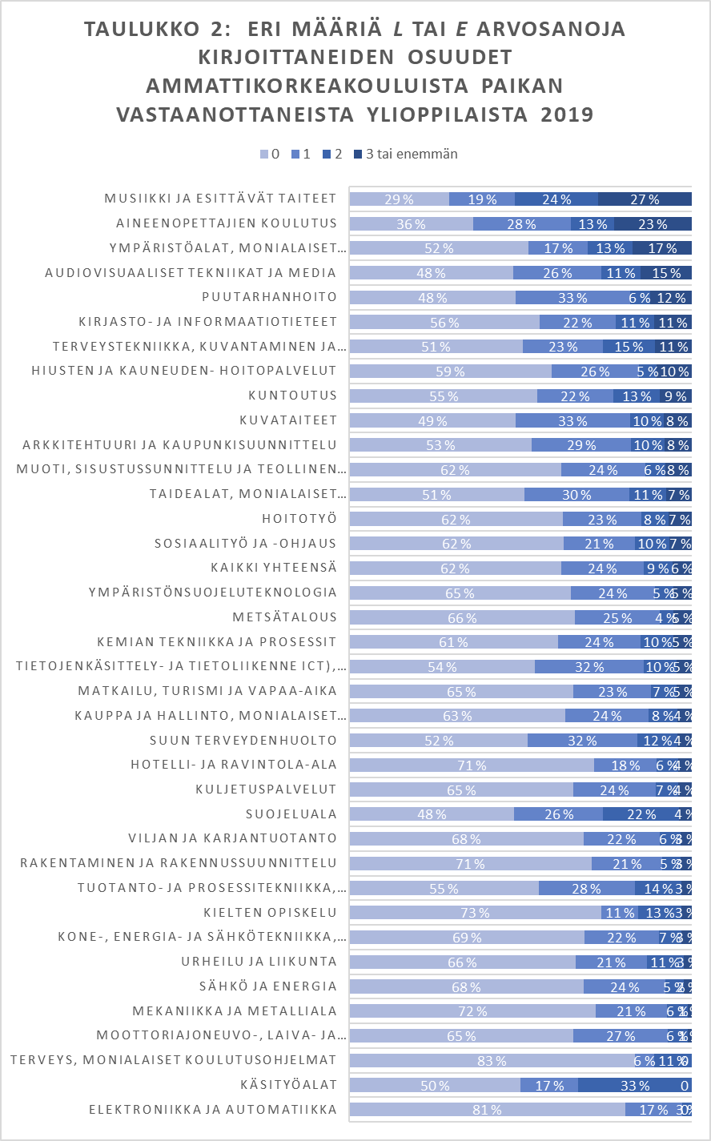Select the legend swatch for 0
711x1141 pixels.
click(x=264, y=154)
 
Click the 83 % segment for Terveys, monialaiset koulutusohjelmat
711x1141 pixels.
click(x=492, y=1061)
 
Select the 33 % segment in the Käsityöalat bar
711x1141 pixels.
click(x=633, y=1086)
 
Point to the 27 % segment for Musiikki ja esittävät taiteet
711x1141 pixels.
click(x=645, y=199)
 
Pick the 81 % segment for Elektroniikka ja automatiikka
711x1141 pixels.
click(x=487, y=1110)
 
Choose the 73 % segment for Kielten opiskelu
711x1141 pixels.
click(x=476, y=913)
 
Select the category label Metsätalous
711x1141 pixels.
click(x=284, y=617)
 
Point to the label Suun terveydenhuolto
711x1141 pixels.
click(x=243, y=741)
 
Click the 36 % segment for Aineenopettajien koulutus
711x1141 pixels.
click(x=412, y=223)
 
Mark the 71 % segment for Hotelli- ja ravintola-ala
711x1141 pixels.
click(x=472, y=765)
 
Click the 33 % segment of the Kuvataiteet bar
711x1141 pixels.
click(x=572, y=420)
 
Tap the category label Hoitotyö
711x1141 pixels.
click(x=299, y=519)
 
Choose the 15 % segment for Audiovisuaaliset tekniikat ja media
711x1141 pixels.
click(x=665, y=273)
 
